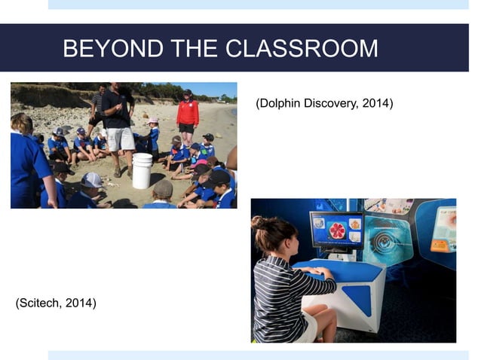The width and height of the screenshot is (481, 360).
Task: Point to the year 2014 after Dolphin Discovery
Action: (x=376, y=102)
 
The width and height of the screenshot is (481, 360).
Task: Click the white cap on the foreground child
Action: (x=91, y=180)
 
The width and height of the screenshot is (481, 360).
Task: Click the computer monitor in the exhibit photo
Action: (x=336, y=230)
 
